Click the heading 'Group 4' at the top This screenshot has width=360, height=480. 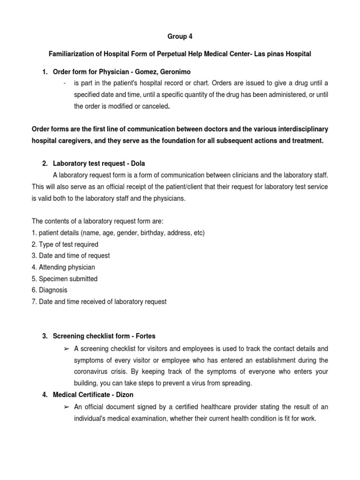pos(180,37)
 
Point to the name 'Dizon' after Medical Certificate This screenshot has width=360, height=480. pos(124,395)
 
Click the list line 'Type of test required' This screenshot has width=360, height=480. pos(65,244)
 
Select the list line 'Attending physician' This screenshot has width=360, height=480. pos(63,267)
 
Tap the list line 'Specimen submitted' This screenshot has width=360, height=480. pos(65,279)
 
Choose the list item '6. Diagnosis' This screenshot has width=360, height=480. pos(49,290)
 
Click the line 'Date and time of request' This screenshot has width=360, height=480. pos(71,256)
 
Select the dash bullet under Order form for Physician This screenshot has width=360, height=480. pos(64,83)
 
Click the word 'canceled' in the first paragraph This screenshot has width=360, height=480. pos(154,106)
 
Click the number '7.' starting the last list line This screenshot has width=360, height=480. pos(34,302)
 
